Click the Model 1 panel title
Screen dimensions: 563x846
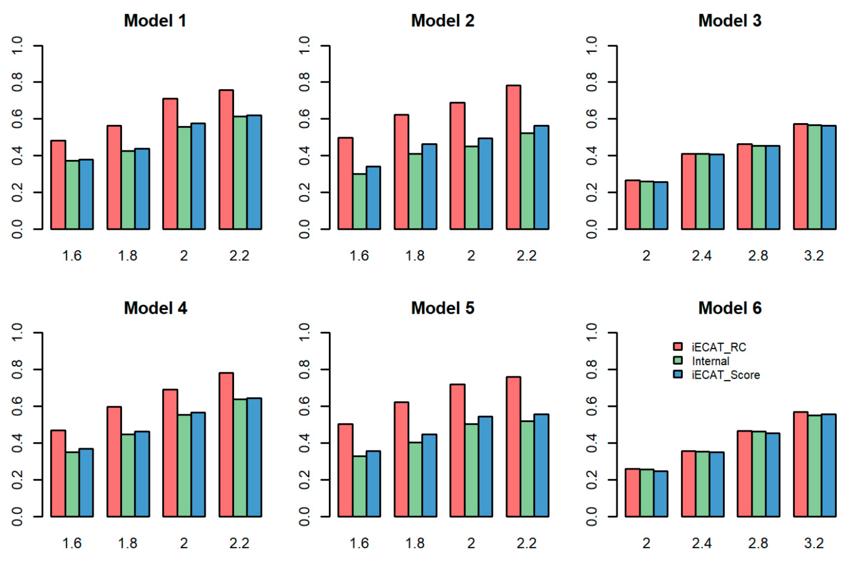(155, 21)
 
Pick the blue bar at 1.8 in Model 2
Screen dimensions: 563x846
(429, 187)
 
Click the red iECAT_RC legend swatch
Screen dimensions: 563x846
(677, 347)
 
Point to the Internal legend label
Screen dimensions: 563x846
(710, 361)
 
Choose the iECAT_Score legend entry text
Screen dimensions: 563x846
(726, 375)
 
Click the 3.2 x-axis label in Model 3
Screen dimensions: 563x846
(814, 256)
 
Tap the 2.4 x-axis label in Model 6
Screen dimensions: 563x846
(701, 543)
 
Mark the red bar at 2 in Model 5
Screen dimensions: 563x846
(457, 450)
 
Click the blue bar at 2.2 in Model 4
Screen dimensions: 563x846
(254, 457)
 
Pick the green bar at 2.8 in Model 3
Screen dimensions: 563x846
(758, 187)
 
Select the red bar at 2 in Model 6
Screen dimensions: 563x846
(633, 493)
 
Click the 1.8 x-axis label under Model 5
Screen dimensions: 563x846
(415, 543)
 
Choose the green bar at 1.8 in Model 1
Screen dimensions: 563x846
(128, 190)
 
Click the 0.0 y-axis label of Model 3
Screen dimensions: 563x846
(592, 229)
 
